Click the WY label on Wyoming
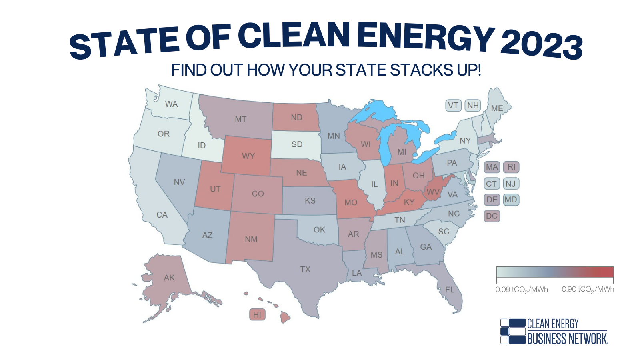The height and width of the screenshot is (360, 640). click(x=248, y=156)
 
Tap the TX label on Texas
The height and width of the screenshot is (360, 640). click(x=305, y=269)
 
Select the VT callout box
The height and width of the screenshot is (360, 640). click(x=453, y=106)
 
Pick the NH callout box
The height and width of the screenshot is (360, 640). click(x=473, y=106)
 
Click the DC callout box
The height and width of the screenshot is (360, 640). click(x=492, y=216)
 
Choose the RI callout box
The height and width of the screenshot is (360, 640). click(x=511, y=167)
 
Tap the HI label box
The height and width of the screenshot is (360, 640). click(x=257, y=315)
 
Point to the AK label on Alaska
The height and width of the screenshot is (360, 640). click(x=169, y=278)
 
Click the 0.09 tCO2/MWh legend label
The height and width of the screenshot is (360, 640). click(x=522, y=290)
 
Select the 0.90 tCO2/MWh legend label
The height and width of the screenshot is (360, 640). click(x=588, y=289)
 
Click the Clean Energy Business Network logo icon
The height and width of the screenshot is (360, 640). click(x=513, y=332)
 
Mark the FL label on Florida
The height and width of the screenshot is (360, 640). click(x=450, y=290)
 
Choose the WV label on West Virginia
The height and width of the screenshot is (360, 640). click(x=433, y=192)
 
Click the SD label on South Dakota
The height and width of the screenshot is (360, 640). click(x=297, y=144)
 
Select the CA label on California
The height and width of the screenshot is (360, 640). click(x=162, y=215)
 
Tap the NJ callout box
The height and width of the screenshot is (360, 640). click(x=511, y=184)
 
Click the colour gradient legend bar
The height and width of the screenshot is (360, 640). click(x=555, y=272)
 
